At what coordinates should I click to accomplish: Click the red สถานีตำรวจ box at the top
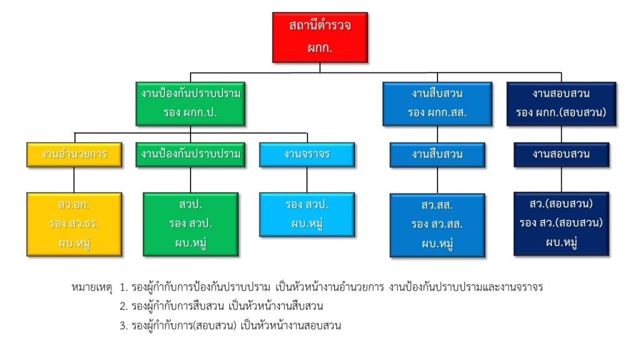[x=320, y=37]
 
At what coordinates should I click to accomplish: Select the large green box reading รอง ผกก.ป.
[x=191, y=103]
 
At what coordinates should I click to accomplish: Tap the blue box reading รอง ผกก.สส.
[x=437, y=103]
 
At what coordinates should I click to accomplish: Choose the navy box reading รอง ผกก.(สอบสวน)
[x=561, y=103]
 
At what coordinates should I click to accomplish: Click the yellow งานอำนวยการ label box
[x=74, y=154]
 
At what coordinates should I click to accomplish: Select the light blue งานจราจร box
[x=306, y=154]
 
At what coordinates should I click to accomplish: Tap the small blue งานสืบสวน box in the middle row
[x=437, y=154]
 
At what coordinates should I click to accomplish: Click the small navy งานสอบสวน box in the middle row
[x=561, y=154]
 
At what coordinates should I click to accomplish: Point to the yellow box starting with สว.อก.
[x=74, y=224]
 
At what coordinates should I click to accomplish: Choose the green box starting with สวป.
[x=191, y=224]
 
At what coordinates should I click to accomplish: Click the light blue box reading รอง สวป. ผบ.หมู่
[x=306, y=214]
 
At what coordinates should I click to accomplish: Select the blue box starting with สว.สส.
[x=437, y=224]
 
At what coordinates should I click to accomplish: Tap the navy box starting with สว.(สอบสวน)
[x=561, y=223]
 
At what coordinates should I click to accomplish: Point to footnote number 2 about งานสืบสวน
[x=221, y=307]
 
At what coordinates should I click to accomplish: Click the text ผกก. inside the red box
[x=320, y=47]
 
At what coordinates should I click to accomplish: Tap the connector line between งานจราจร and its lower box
[x=306, y=179]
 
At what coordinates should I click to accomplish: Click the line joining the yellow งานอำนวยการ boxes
[x=74, y=179]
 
